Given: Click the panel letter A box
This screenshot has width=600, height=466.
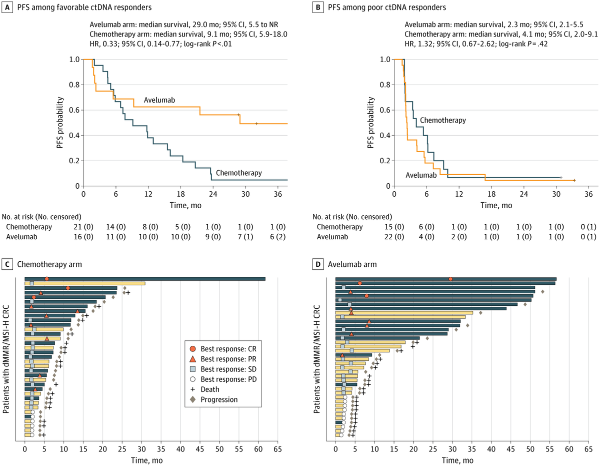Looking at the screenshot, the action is click(x=7, y=7).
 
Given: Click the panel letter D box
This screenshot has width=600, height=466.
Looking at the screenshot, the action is click(x=318, y=264).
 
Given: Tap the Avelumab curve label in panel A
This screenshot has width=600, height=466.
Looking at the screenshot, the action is click(x=159, y=100).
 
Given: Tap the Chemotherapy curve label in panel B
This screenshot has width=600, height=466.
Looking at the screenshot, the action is click(x=442, y=120).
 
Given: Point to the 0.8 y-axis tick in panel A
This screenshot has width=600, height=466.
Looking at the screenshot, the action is click(x=74, y=85).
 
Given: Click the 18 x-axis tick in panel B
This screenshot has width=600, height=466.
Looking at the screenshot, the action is click(x=491, y=194).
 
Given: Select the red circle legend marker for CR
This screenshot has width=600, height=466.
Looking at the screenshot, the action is click(x=192, y=349).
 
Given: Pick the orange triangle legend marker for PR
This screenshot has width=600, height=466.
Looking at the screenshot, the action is click(x=192, y=359).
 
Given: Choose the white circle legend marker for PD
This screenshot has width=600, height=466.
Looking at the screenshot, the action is click(x=192, y=379).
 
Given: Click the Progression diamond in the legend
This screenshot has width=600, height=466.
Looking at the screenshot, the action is click(x=192, y=399).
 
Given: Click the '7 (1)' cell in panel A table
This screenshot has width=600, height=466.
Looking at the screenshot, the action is click(x=245, y=237).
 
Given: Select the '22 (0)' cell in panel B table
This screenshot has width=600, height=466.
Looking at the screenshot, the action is click(x=394, y=237).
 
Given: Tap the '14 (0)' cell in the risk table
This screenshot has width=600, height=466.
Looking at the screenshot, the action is click(x=116, y=227).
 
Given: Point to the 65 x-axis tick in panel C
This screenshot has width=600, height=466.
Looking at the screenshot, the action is click(x=277, y=449).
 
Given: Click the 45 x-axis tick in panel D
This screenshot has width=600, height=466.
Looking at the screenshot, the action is click(x=510, y=449).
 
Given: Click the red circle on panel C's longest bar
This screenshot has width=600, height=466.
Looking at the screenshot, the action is click(x=46, y=279).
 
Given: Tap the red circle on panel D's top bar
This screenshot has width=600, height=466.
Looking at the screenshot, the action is click(x=450, y=279).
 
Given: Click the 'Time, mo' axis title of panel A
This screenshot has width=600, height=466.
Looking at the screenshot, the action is click(x=185, y=205).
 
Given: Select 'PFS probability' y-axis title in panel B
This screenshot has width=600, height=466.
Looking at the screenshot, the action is click(x=370, y=123).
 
